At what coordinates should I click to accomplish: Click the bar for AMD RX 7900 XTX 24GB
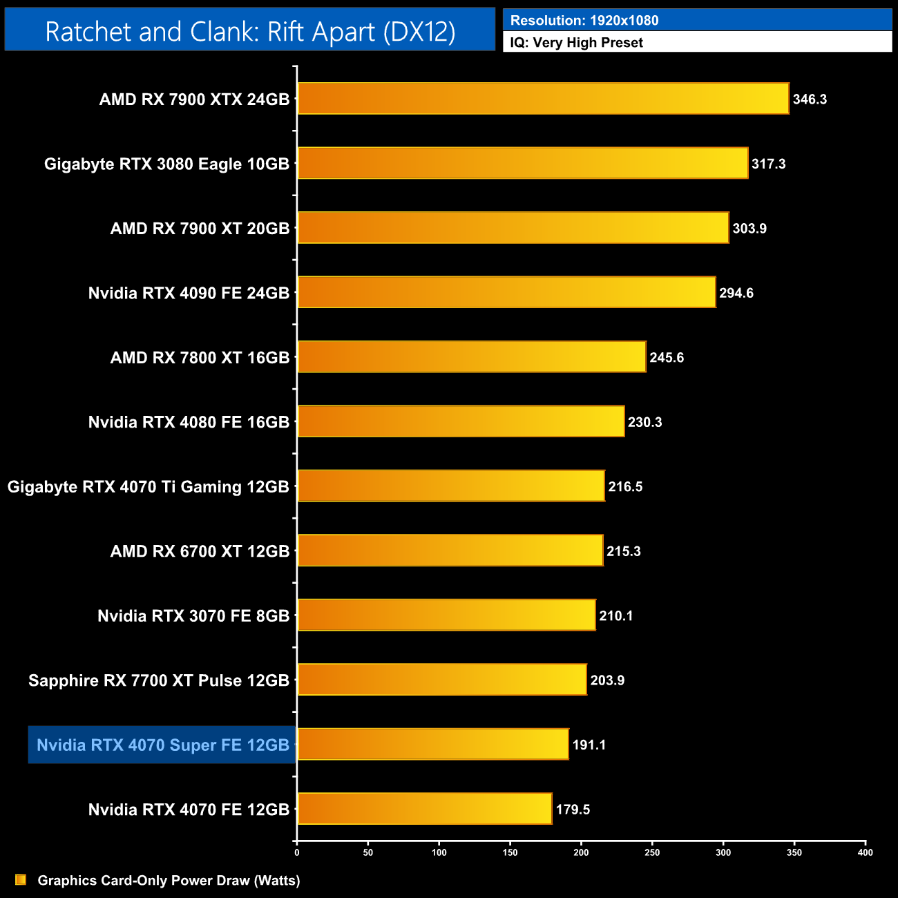coord(543,99)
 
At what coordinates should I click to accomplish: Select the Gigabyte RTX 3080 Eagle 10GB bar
coord(522,163)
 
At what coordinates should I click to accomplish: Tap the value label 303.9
coord(749,229)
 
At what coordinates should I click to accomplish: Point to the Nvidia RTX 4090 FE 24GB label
coord(189,293)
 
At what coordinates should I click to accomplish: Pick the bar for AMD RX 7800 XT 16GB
coord(471,357)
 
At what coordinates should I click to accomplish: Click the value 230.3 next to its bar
coord(644,422)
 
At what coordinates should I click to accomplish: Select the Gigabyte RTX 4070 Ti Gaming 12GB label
coord(148,487)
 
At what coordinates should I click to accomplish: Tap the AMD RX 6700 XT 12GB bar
coord(450,551)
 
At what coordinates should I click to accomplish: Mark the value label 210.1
coord(615,615)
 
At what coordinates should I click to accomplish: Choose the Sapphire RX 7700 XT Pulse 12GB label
coord(158,680)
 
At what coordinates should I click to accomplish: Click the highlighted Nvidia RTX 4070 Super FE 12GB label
coord(162,745)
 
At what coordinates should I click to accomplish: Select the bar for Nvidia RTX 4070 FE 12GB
coord(424,809)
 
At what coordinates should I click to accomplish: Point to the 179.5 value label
coord(573,810)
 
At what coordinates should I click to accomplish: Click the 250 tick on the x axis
coord(652,852)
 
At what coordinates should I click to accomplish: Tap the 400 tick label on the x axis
coord(865,852)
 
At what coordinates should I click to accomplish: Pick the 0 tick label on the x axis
coord(297,852)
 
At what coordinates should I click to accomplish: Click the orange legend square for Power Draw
coord(21,880)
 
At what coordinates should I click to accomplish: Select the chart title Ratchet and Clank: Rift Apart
coord(250,31)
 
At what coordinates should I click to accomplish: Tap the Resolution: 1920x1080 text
coord(584,21)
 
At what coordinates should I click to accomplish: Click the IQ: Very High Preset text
coord(576,43)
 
